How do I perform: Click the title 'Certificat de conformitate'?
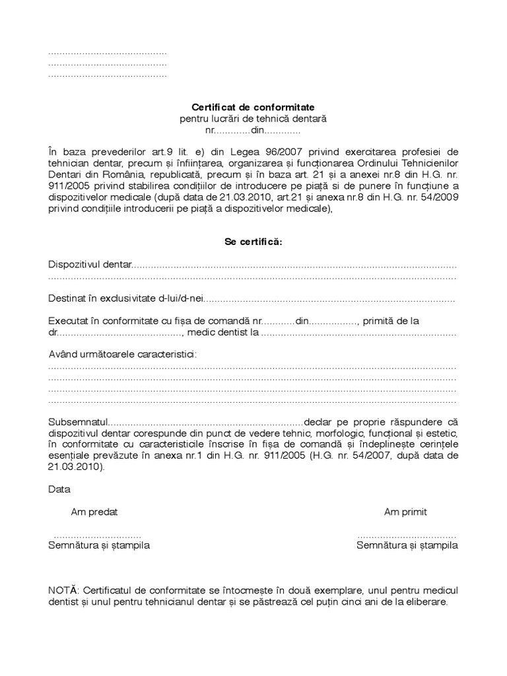(x=253, y=106)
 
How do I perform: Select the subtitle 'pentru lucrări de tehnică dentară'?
(x=253, y=118)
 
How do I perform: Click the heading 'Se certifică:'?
(x=253, y=242)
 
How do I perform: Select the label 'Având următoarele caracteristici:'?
(x=122, y=355)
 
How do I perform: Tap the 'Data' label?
(x=59, y=490)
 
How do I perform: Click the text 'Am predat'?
(x=94, y=512)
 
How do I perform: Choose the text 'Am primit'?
(x=405, y=512)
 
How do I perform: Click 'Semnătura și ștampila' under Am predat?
(x=99, y=546)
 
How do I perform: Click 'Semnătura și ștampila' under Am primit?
(x=407, y=546)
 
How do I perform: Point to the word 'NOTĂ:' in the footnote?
(x=64, y=590)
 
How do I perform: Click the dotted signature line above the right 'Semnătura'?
(x=407, y=535)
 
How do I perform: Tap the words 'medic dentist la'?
(x=223, y=333)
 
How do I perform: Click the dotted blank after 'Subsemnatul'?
(x=205, y=422)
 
